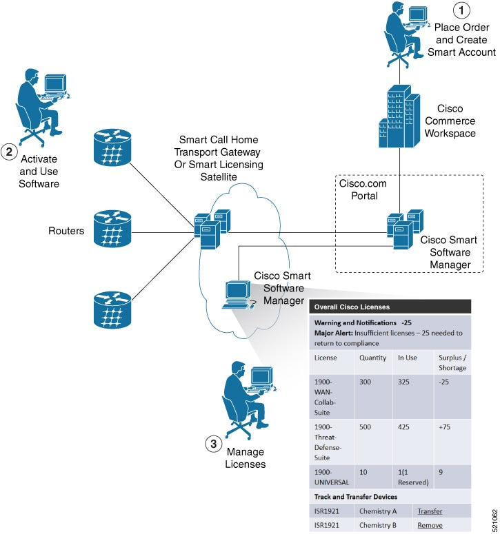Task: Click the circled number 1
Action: [x=461, y=11]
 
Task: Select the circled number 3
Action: [x=213, y=444]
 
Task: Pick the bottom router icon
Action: [x=111, y=309]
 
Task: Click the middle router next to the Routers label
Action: [x=111, y=228]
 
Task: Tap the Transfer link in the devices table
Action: [x=430, y=511]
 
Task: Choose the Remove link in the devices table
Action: [x=430, y=525]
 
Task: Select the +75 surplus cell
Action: [x=446, y=427]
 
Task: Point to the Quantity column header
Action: [x=373, y=358]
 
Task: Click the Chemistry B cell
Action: [x=379, y=525]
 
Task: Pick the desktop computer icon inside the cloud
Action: [x=238, y=293]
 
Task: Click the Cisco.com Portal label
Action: [x=363, y=190]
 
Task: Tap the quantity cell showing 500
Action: [x=368, y=427]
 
